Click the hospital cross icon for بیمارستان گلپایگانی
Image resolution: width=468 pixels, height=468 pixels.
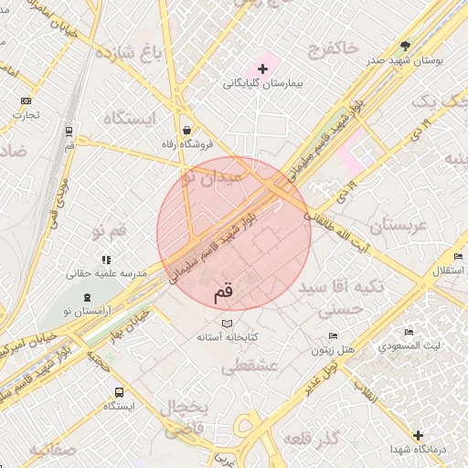pyautogui.click(x=263, y=69)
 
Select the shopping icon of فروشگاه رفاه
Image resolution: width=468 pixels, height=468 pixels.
pyautogui.click(x=187, y=130)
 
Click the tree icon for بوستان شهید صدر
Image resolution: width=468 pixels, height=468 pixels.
pyautogui.click(x=406, y=45)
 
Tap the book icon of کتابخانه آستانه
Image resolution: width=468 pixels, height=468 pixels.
pyautogui.click(x=228, y=324)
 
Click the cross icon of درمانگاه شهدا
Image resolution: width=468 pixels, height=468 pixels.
pyautogui.click(x=418, y=435)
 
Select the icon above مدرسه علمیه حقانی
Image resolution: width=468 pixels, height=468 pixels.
pyautogui.click(x=106, y=260)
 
